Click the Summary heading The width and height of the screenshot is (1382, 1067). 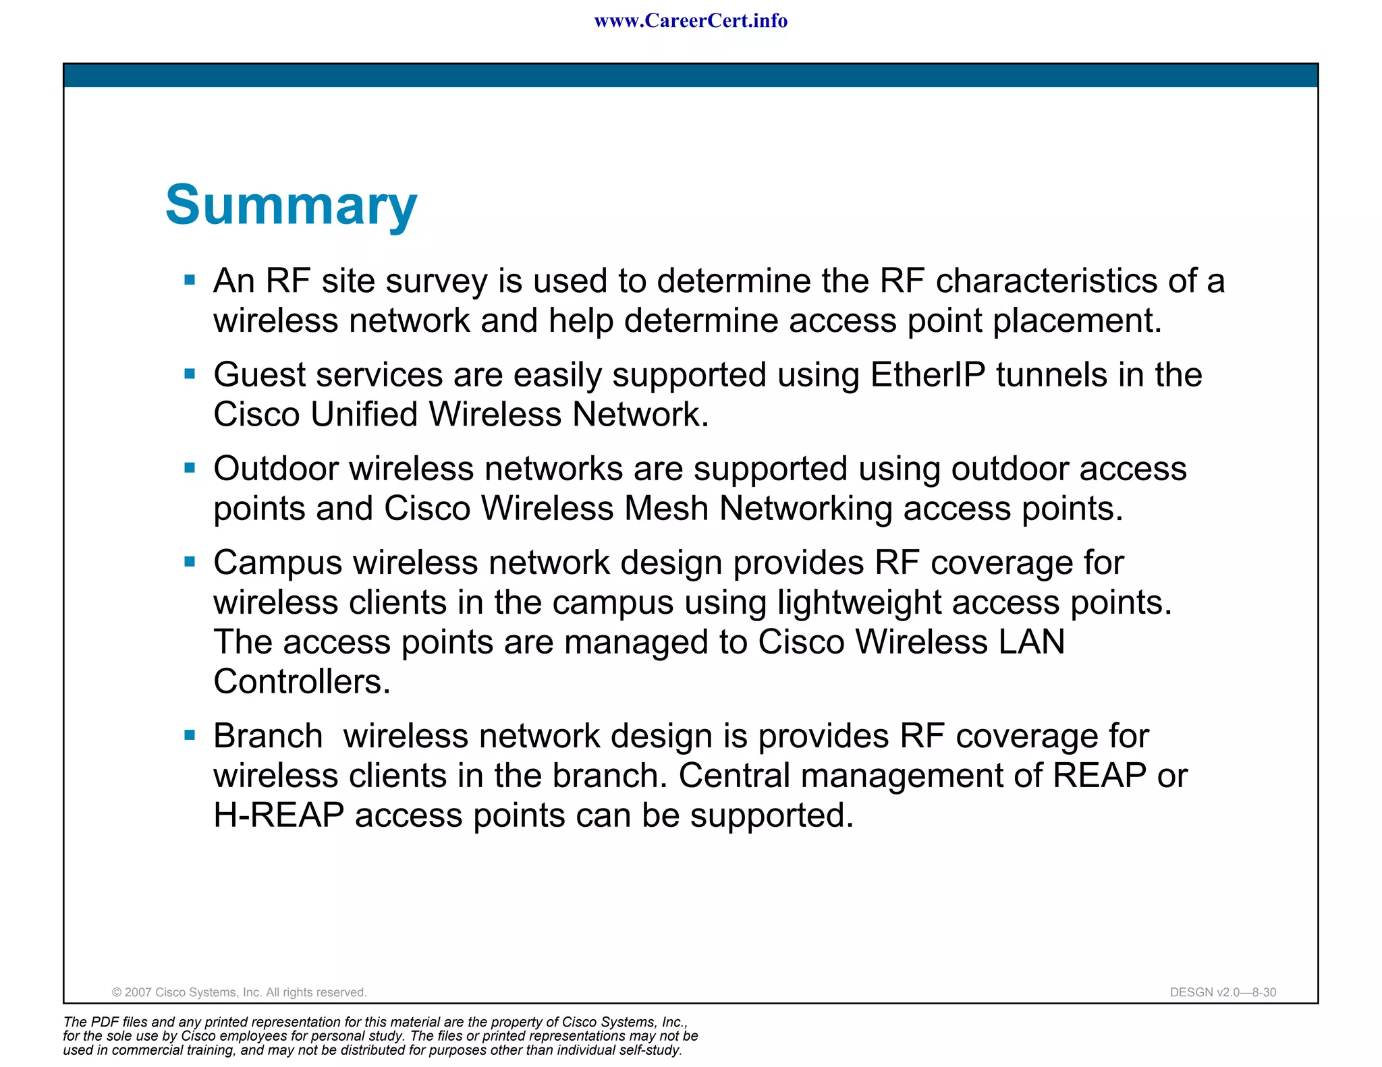(x=291, y=205)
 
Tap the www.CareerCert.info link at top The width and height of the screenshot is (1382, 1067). (x=690, y=21)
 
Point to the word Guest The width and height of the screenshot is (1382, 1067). (x=259, y=375)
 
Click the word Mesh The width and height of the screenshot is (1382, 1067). (x=665, y=509)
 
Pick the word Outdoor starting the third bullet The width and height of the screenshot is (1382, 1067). (x=275, y=469)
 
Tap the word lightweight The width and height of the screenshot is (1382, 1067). (x=859, y=602)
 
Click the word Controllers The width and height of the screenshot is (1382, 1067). (x=302, y=682)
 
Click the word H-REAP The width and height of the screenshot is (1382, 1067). (x=279, y=815)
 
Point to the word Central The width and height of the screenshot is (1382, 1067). (x=734, y=776)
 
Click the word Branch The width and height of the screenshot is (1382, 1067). (x=268, y=736)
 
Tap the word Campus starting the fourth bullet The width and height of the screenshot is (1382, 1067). (x=277, y=563)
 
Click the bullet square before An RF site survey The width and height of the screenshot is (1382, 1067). (x=190, y=280)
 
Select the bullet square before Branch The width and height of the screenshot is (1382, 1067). (x=190, y=735)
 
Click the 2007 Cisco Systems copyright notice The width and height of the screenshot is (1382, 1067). (x=239, y=992)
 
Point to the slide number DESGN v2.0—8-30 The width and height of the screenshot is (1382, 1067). (x=1223, y=992)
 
